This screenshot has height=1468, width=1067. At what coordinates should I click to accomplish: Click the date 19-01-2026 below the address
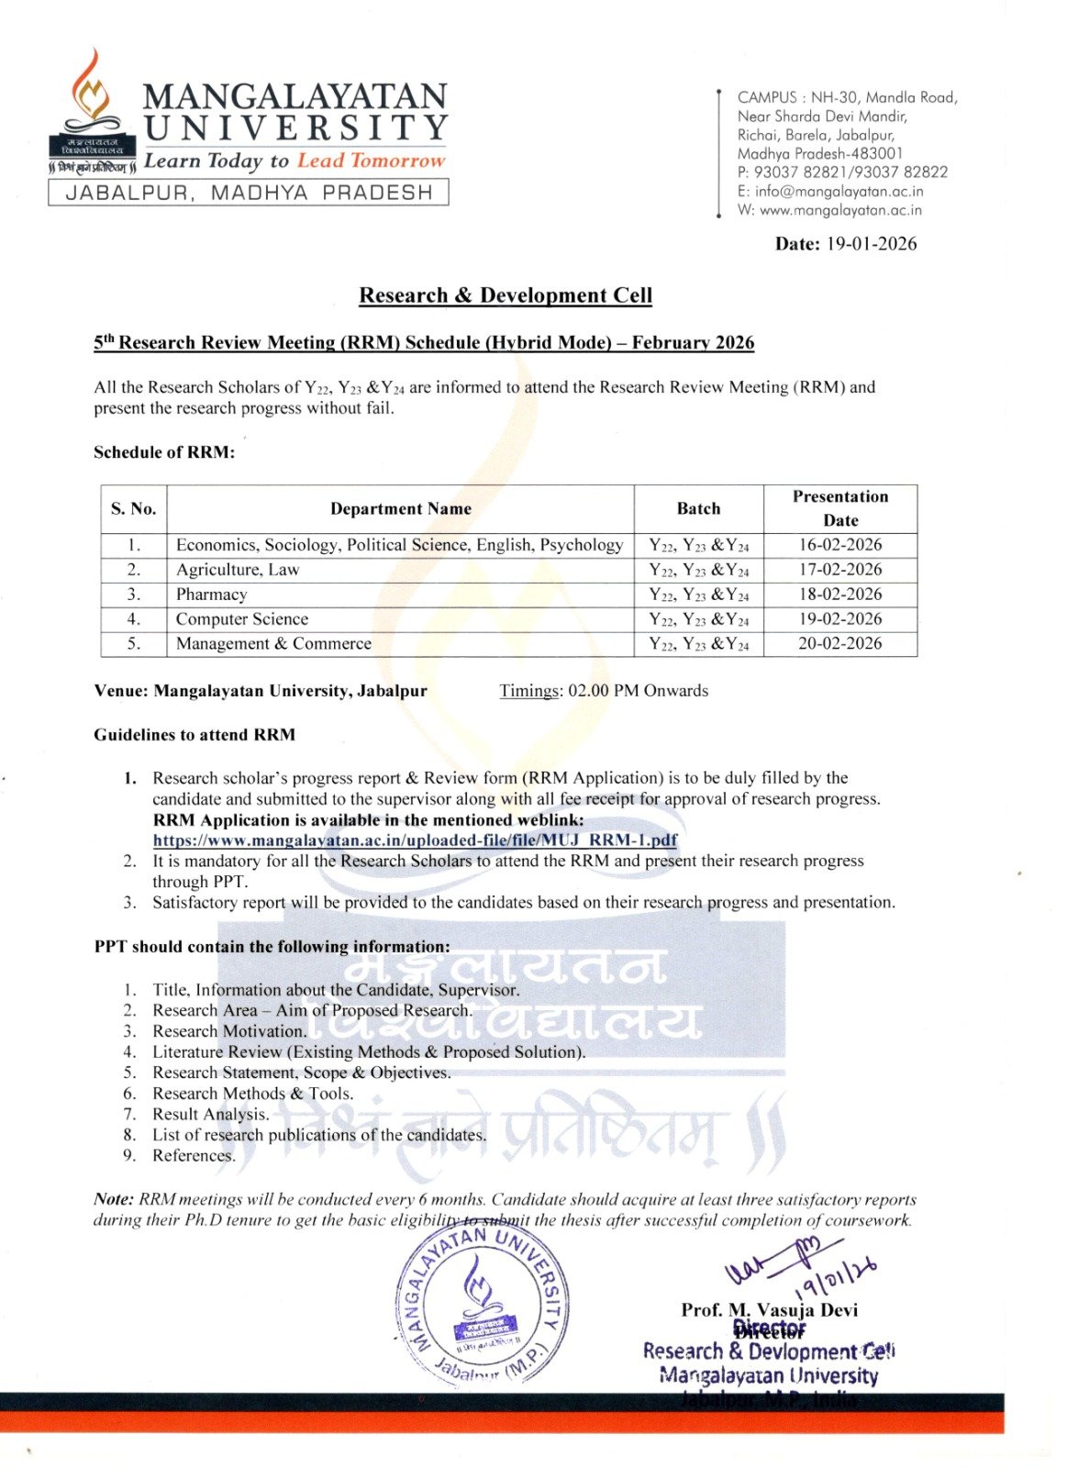(871, 244)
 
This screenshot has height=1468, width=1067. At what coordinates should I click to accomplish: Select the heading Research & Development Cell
(506, 295)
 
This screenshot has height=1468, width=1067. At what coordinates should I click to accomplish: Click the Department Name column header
(401, 509)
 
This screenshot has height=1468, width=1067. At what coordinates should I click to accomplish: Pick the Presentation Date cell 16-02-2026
(839, 545)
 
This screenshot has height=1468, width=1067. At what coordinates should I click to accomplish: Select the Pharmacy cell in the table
(212, 595)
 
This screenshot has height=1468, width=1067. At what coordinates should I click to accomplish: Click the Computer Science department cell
(242, 619)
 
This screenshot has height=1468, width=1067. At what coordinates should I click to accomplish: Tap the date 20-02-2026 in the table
(839, 644)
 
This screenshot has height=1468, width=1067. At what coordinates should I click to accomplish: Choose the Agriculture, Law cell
(238, 570)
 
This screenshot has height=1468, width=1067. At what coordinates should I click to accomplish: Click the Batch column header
(698, 509)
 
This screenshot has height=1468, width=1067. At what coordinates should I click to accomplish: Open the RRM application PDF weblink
(415, 840)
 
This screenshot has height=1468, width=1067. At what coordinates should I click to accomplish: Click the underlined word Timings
(528, 691)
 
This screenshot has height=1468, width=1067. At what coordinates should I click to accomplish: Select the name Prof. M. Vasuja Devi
(769, 1310)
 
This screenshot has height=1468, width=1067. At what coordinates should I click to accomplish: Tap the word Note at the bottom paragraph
(113, 1199)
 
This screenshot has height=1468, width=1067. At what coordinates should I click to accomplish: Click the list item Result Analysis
(210, 1115)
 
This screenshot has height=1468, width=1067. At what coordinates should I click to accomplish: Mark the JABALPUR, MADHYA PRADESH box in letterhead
(249, 193)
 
